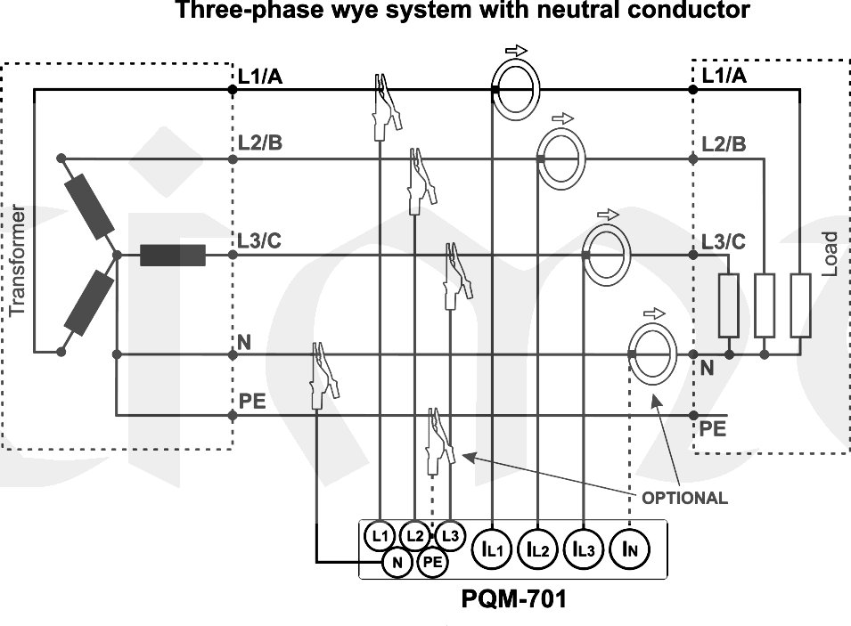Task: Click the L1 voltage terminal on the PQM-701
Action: pos(380,536)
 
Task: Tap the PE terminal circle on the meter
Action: pos(432,562)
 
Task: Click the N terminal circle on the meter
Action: pos(397,562)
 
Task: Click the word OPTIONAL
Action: pos(684,498)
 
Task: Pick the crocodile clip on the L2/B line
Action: pos(416,180)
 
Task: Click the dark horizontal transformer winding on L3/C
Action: pos(173,256)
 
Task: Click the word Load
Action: pos(829,254)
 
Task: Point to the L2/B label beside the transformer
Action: pos(260,142)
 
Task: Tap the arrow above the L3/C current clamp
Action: pos(607,215)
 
